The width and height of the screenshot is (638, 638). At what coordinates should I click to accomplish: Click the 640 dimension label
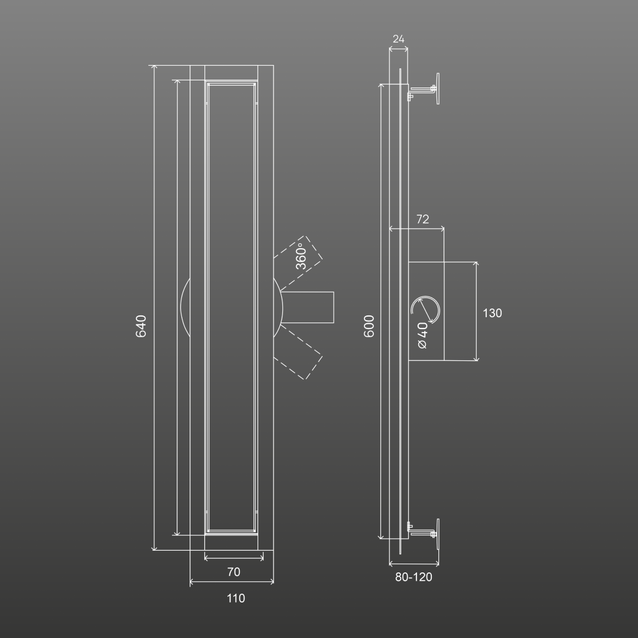click(141, 326)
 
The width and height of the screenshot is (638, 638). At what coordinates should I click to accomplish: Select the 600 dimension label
click(369, 326)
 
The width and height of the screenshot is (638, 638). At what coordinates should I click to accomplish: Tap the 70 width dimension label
click(233, 572)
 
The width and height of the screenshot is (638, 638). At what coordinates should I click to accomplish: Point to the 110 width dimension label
click(236, 598)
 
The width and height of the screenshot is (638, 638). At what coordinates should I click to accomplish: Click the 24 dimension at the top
click(398, 39)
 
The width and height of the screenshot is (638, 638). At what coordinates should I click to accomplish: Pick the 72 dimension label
click(423, 219)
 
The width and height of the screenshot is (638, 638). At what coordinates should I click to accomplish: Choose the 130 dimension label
click(492, 313)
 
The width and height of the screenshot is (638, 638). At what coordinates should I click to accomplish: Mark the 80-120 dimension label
click(414, 577)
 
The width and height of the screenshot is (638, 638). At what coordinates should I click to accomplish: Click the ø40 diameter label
click(423, 336)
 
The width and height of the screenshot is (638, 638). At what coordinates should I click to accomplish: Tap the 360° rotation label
click(301, 256)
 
